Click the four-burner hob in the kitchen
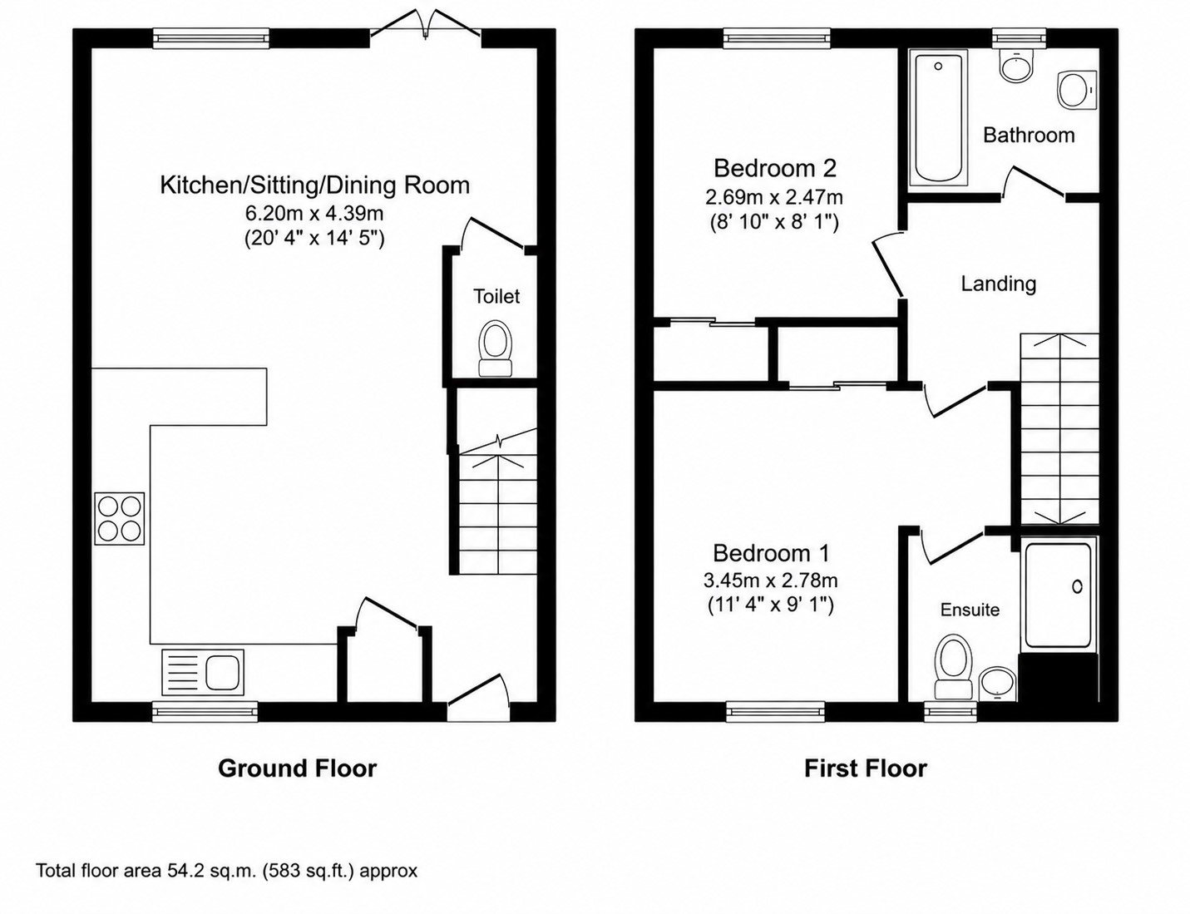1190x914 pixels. coord(120,518)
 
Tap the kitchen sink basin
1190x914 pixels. coord(222,671)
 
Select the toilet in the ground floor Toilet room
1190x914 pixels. coord(495,348)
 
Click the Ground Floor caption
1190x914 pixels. coord(298,768)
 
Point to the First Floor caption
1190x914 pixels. coord(865,768)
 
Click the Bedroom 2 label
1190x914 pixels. coord(775,168)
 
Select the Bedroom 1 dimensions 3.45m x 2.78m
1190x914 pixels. coord(771,580)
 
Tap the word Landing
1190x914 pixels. coord(999,284)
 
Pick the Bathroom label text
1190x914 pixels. coord(1029,136)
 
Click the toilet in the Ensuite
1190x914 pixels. coord(954,666)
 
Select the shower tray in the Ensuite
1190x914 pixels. coord(1059,595)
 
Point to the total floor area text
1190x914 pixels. coord(227,870)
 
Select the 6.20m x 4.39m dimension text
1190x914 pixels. coord(314,212)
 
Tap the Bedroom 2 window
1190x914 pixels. coord(776,37)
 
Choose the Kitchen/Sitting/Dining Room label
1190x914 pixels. coord(315,185)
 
